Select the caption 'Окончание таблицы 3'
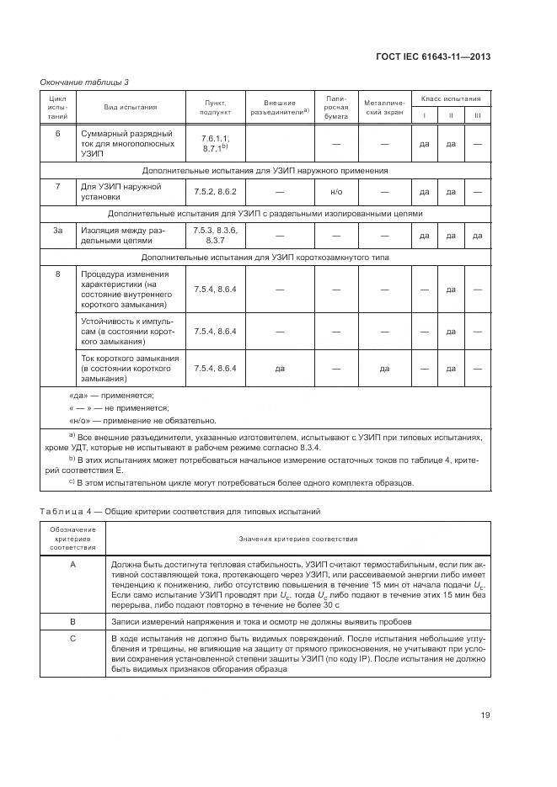click(84, 82)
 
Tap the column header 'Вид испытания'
click(130, 108)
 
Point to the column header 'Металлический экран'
click(383, 108)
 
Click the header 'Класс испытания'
click(451, 98)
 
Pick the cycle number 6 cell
click(57, 134)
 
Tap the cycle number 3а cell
click(57, 230)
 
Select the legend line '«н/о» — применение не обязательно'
click(142, 420)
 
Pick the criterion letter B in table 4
click(72, 622)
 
